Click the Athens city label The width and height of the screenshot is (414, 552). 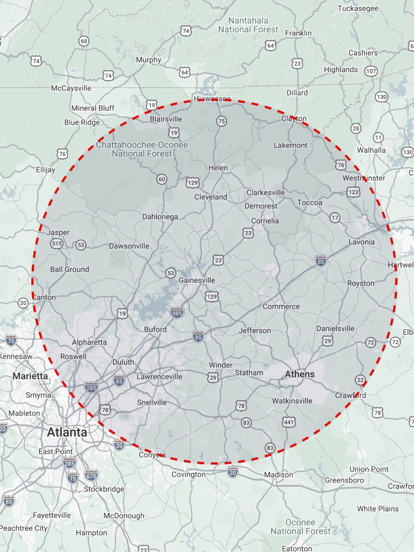tap(299, 374)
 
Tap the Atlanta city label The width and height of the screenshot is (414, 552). tap(67, 432)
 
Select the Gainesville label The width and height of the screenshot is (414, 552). tap(196, 280)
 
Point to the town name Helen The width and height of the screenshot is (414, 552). tap(218, 168)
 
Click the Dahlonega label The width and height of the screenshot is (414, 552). tap(160, 217)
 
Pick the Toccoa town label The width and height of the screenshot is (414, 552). tap(310, 202)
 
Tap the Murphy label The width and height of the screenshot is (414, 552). tap(149, 60)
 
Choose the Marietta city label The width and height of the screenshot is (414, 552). tap(30, 376)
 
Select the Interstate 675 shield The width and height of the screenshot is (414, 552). tap(91, 476)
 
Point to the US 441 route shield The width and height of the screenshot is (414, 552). tap(288, 422)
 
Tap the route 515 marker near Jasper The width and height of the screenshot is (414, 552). tap(57, 244)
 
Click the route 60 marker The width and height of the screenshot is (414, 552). tap(161, 179)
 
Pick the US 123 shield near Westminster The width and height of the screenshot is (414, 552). tap(353, 192)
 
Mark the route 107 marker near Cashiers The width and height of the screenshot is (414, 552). tap(371, 71)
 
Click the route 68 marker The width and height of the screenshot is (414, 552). tap(83, 41)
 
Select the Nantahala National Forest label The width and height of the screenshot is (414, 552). tap(248, 25)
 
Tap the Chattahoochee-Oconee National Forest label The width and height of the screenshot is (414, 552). tap(142, 149)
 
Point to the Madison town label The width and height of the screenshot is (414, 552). tap(278, 474)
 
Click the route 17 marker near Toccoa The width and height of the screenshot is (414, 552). tap(335, 218)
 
